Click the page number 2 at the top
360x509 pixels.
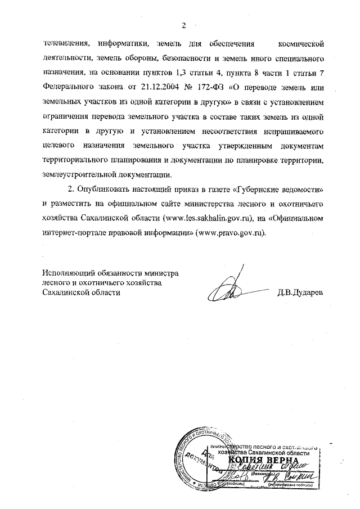[x=183, y=25]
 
